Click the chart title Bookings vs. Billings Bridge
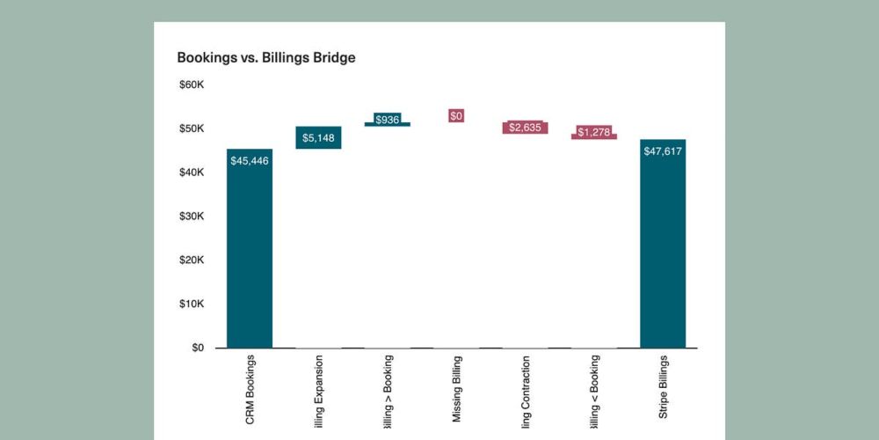tap(265, 58)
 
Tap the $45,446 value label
tap(250, 161)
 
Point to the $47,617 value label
tap(663, 151)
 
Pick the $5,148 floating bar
tap(318, 137)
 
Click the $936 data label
tap(387, 120)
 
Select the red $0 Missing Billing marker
tap(456, 115)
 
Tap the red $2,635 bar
tap(526, 128)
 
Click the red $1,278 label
tap(594, 132)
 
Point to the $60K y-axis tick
tap(192, 85)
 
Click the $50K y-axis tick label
tap(192, 129)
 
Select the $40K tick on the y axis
tap(192, 172)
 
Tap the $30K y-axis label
tap(192, 216)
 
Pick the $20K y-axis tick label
tap(192, 260)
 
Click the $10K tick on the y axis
tap(192, 304)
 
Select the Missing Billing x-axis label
tap(456, 390)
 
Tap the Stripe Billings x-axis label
tap(664, 390)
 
